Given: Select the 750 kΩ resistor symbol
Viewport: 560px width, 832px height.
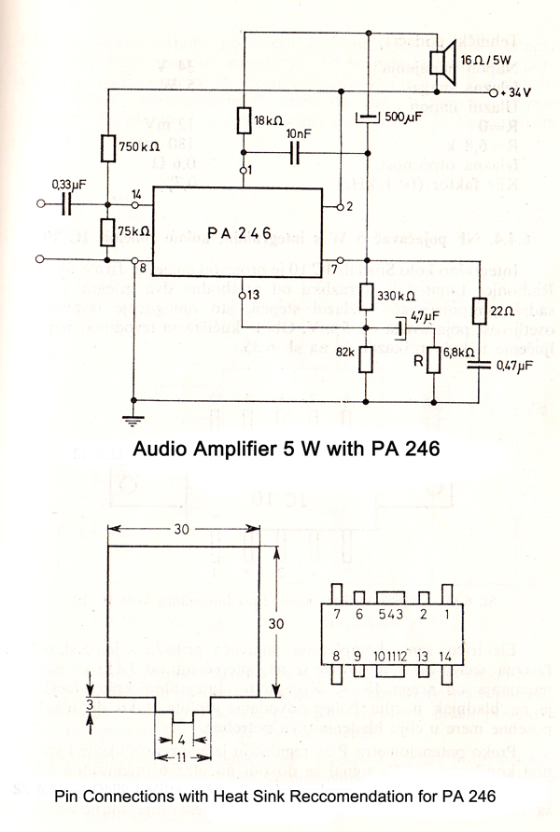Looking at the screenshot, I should click(x=106, y=147).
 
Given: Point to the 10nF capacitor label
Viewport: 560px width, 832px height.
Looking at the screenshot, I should click(x=299, y=134).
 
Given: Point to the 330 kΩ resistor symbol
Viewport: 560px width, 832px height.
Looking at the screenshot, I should click(x=366, y=297).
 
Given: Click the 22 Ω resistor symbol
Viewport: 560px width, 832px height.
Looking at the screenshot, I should click(x=477, y=311).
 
